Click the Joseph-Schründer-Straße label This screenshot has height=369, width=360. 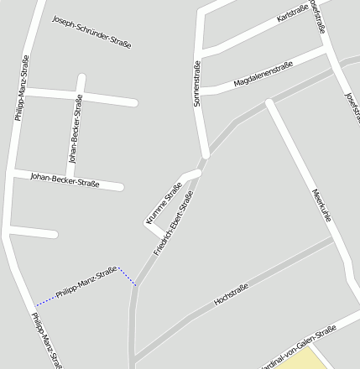(x=91, y=31)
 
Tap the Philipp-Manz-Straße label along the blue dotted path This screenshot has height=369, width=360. (x=86, y=283)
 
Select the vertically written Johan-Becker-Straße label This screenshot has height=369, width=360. (x=76, y=127)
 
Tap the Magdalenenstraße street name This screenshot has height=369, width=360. (x=263, y=73)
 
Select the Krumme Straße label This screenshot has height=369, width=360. (x=164, y=202)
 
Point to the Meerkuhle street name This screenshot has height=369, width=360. (x=321, y=204)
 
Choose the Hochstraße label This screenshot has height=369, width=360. (x=232, y=294)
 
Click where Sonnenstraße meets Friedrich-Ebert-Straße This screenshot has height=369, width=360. (x=204, y=158)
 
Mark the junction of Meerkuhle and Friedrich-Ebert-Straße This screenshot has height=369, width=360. (x=269, y=103)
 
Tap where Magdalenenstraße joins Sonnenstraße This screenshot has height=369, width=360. (x=201, y=90)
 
